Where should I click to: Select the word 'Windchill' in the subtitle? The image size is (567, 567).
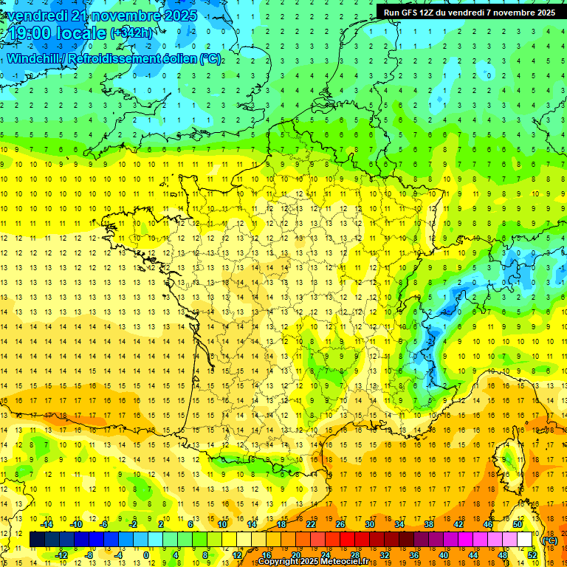click(32, 58)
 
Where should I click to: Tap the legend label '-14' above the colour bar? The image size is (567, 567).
click(47, 524)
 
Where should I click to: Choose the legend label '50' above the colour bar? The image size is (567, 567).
click(517, 524)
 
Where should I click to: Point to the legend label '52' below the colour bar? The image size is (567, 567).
click(532, 555)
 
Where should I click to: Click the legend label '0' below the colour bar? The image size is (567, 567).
click(146, 555)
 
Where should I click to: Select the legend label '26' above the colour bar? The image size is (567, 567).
click(340, 524)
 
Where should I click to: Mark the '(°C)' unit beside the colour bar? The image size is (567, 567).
click(550, 540)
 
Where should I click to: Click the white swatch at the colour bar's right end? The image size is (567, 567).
click(525, 540)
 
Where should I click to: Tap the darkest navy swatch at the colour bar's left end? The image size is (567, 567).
click(37, 540)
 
